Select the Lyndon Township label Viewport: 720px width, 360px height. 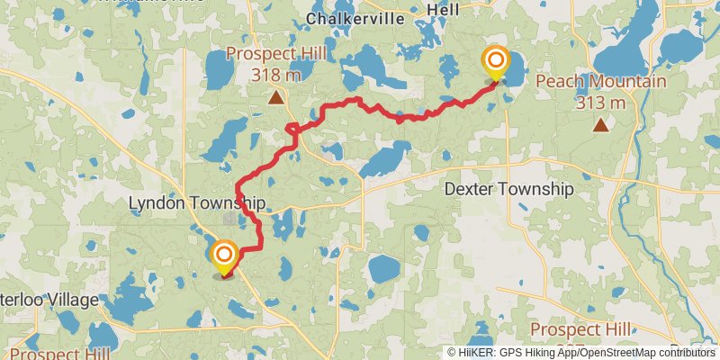[197, 203]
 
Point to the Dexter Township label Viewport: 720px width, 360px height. [509, 189]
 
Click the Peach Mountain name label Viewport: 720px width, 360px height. [601, 82]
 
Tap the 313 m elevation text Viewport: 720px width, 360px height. [601, 102]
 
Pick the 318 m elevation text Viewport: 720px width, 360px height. [275, 74]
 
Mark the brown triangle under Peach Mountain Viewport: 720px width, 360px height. [600, 124]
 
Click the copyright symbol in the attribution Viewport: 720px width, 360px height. [452, 353]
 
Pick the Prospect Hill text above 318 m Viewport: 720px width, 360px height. [275, 54]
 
